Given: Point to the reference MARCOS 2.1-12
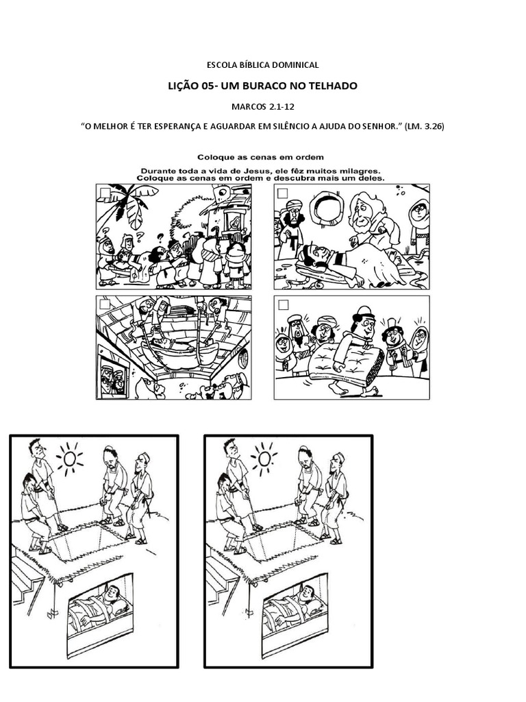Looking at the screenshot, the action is tap(263, 106).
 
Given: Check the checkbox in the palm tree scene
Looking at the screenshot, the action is tap(105, 193).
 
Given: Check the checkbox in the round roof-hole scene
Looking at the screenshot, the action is tap(283, 193).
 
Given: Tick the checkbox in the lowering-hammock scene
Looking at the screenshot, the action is tap(105, 304).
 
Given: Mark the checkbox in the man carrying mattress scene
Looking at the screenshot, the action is tap(283, 305).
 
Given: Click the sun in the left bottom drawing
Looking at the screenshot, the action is tap(70, 459).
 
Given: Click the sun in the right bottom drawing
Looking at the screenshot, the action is tap(264, 459).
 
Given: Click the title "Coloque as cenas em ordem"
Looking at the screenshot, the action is tap(260, 157).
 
